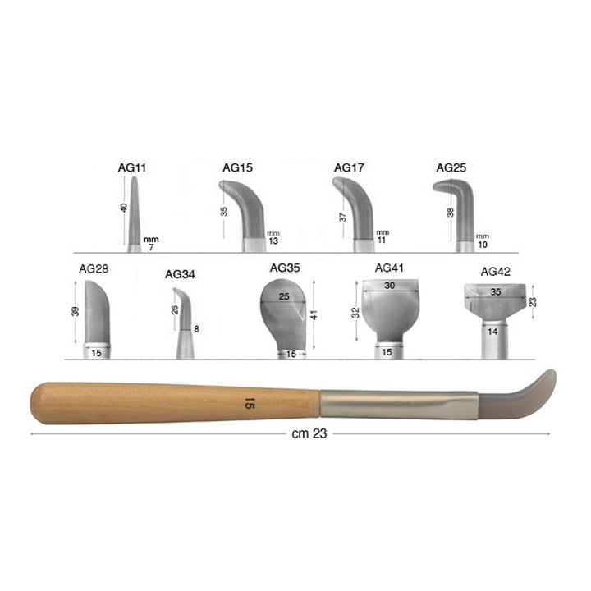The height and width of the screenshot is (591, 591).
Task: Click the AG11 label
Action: (x=132, y=167)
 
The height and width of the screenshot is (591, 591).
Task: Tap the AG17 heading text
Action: (x=349, y=167)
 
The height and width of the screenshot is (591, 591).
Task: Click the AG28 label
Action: (x=94, y=268)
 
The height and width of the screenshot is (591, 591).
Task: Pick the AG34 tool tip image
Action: (x=185, y=323)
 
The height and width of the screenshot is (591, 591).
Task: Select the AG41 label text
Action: (x=389, y=268)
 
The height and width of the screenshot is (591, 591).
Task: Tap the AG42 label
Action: (x=495, y=272)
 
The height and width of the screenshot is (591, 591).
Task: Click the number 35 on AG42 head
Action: (x=496, y=291)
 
